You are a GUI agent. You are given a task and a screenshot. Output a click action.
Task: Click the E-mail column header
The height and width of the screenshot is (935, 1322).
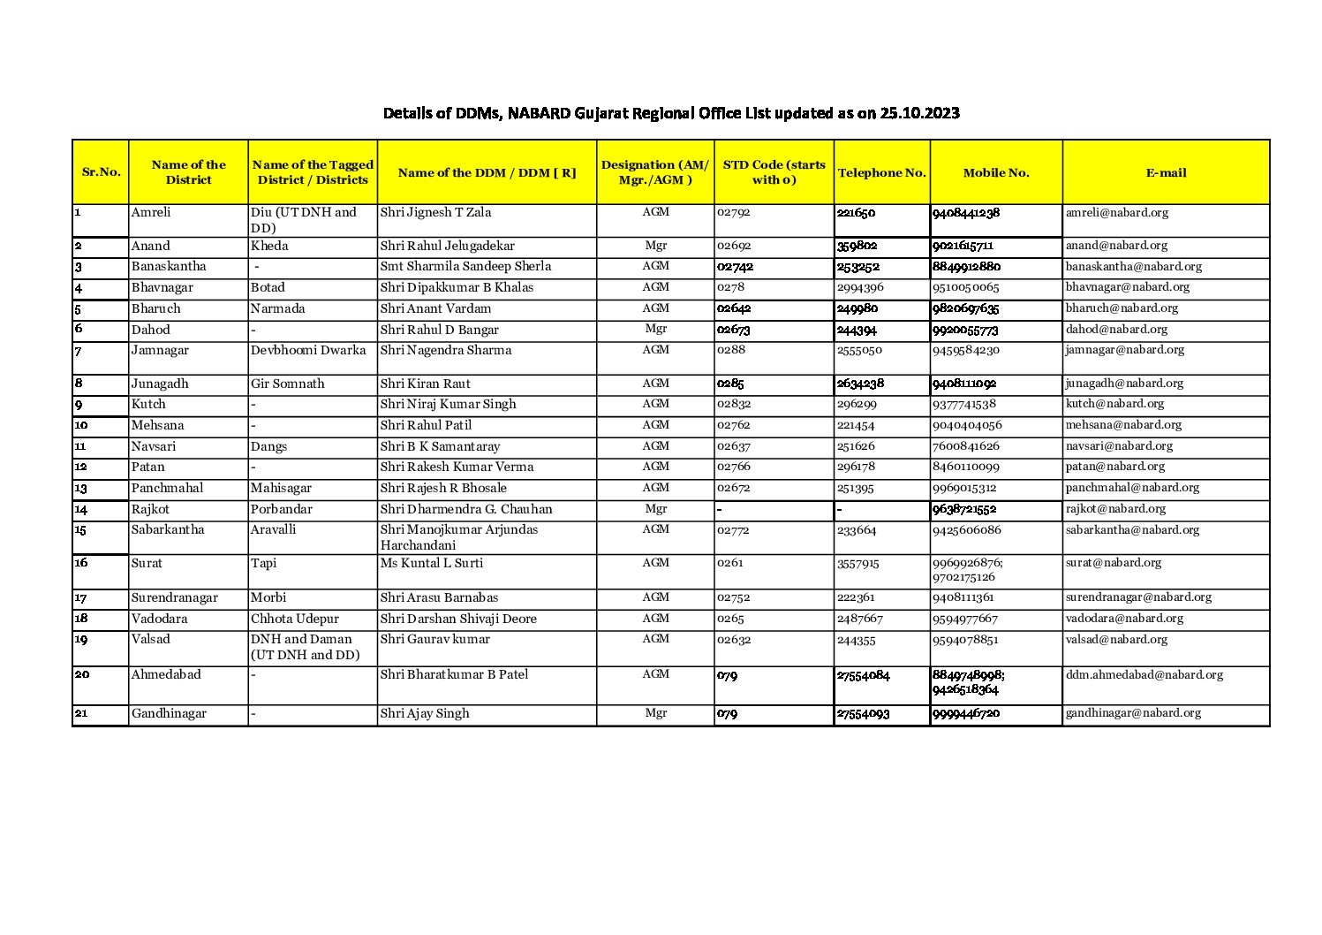(x=1166, y=172)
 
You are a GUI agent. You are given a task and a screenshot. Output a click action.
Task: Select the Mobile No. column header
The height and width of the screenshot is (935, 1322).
(x=995, y=172)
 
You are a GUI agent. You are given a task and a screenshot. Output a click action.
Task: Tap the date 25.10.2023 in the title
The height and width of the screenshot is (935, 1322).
(x=919, y=113)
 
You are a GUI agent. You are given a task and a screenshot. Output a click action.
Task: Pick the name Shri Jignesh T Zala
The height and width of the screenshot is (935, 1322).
(x=435, y=212)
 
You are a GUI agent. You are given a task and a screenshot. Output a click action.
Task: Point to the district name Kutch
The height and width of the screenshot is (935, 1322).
(x=148, y=404)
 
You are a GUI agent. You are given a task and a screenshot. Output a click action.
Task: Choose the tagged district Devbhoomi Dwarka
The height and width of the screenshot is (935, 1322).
(x=308, y=350)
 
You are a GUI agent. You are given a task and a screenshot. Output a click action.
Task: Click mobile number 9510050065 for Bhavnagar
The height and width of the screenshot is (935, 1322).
(x=966, y=287)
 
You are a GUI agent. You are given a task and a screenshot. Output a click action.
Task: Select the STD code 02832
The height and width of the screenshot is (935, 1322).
(x=734, y=404)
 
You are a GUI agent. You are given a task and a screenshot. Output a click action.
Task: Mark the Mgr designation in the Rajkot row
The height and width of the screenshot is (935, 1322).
(x=655, y=508)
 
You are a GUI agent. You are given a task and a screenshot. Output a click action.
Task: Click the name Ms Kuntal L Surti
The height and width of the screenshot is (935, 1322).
(x=431, y=563)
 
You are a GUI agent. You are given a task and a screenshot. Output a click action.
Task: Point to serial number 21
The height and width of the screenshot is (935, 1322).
(x=81, y=713)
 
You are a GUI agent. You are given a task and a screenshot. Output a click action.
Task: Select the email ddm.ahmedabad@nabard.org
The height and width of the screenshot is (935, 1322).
(x=1144, y=674)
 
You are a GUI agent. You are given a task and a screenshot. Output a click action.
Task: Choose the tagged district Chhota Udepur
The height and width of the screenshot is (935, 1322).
(x=294, y=619)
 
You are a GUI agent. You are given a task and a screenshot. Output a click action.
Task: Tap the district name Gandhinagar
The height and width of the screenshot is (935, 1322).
(x=169, y=713)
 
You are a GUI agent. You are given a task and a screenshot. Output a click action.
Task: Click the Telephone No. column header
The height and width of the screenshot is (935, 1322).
(x=881, y=172)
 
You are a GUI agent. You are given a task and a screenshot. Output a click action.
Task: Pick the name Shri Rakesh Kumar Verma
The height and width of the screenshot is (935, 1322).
(x=457, y=467)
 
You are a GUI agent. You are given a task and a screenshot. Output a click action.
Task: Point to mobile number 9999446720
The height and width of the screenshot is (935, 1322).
(x=966, y=713)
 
